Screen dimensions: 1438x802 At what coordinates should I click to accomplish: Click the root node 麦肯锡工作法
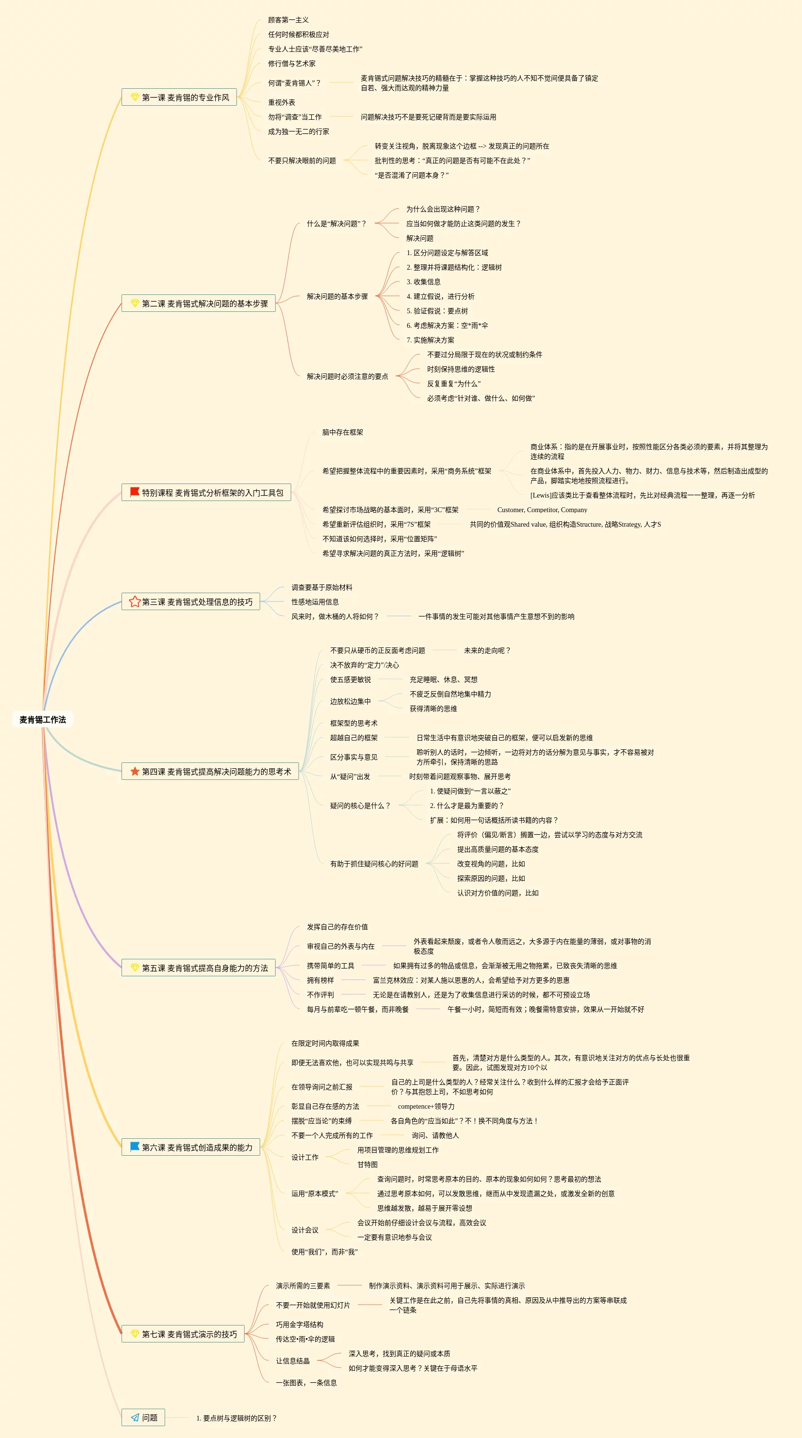coord(42,720)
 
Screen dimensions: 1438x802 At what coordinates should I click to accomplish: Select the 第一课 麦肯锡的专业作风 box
coord(179,97)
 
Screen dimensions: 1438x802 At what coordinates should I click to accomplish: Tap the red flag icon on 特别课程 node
coord(134,492)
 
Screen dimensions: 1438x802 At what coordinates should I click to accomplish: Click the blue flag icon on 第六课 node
coord(134,1147)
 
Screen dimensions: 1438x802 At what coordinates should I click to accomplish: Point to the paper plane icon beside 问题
coord(134,1417)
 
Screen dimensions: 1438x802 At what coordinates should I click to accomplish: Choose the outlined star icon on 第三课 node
coord(134,601)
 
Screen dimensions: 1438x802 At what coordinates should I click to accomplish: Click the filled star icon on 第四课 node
coord(134,771)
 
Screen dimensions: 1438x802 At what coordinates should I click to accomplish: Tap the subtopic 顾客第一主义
coord(288,20)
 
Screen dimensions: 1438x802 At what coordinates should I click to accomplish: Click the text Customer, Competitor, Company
coord(542,510)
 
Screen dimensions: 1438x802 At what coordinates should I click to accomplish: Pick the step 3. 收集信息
coord(424,282)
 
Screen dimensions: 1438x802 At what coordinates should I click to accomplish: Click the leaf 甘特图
coord(367,1164)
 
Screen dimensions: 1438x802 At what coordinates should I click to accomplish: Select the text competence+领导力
coord(426,1106)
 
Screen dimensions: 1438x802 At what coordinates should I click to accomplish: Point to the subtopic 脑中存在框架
coord(342,432)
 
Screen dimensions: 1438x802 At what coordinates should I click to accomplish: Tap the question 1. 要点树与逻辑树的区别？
coord(237,1418)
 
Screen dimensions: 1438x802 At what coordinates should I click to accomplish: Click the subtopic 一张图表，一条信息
coord(306,1383)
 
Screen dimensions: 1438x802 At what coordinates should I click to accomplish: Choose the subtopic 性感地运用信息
coord(315,602)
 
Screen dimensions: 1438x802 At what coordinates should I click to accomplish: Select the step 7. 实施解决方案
coord(430,340)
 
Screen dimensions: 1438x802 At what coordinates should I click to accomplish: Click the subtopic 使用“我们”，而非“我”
coord(324,1252)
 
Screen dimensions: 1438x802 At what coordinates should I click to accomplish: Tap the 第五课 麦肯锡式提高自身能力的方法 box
coord(199,968)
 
